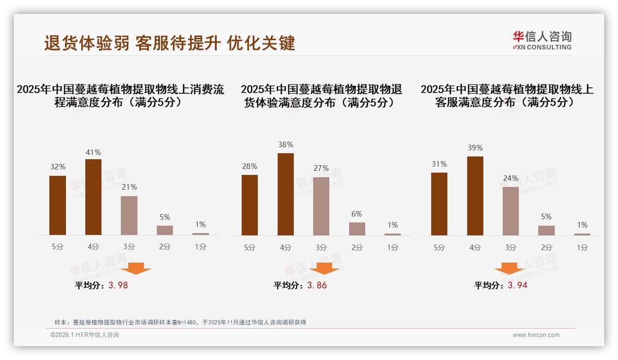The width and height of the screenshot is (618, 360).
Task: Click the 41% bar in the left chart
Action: (x=93, y=197)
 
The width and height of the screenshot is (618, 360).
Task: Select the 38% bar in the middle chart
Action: (x=285, y=194)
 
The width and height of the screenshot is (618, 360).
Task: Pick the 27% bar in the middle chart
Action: (x=321, y=206)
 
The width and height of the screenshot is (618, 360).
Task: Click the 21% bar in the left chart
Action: (x=129, y=216)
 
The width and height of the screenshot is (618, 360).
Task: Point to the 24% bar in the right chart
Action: (x=511, y=211)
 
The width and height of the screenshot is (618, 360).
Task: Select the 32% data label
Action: (x=58, y=167)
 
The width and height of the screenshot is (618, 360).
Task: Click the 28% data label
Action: (x=250, y=166)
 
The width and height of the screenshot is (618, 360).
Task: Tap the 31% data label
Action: (x=439, y=164)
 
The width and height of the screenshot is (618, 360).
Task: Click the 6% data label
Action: (x=357, y=214)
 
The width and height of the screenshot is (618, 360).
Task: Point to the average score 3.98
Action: (x=118, y=285)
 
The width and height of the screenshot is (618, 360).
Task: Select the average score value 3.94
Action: (x=517, y=285)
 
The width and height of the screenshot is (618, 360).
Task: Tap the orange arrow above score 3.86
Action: (x=324, y=269)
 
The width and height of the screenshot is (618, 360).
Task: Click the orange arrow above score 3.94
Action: (x=509, y=269)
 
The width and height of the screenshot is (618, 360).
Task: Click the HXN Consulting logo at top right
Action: (x=542, y=41)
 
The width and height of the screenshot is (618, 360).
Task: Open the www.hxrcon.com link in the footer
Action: (x=536, y=335)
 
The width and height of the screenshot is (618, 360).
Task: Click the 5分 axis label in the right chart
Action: (x=439, y=247)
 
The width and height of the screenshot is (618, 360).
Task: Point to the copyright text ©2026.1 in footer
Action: (x=85, y=335)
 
